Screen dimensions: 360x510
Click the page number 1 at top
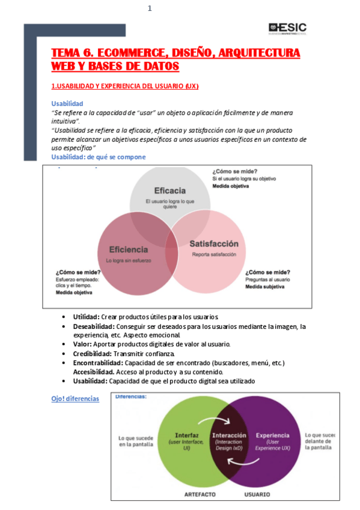(150, 8)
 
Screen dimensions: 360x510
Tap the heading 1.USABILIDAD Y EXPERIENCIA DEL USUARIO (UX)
(125, 86)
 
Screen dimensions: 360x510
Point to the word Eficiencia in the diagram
(128, 249)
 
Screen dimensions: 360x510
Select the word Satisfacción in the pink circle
(214, 244)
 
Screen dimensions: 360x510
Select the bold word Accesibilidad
(94, 372)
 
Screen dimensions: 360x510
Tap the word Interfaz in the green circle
(186, 435)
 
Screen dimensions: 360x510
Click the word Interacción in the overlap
(230, 435)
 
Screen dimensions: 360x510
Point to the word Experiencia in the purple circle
(272, 435)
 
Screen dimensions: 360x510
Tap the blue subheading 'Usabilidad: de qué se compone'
(98, 157)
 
